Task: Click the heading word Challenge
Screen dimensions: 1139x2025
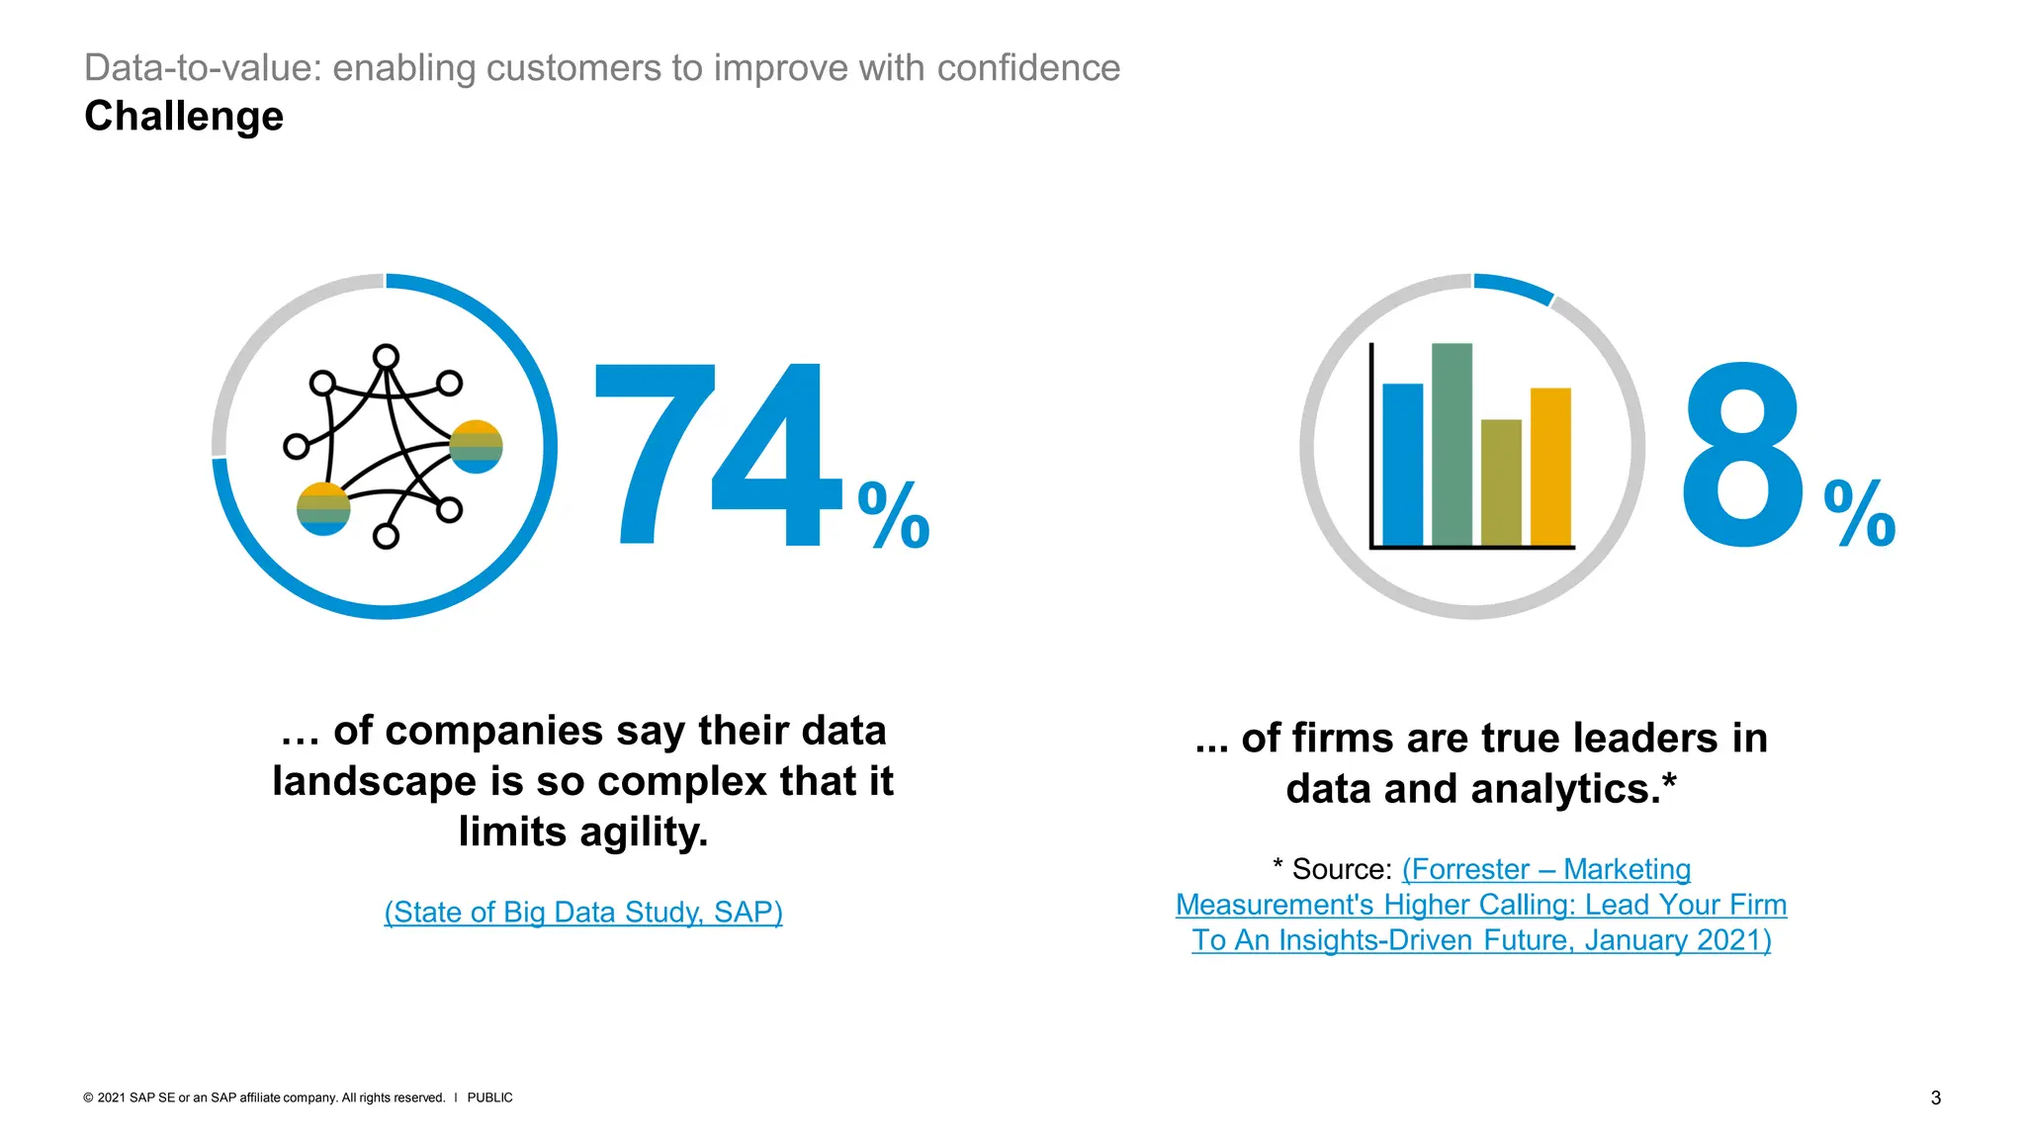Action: (x=184, y=117)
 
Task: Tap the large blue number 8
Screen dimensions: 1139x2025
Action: (x=1742, y=455)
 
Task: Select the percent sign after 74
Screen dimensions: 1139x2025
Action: (x=894, y=515)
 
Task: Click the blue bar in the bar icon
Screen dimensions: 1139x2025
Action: (x=1402, y=465)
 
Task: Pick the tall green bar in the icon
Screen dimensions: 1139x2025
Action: (x=1452, y=445)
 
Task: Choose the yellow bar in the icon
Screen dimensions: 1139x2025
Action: (x=1550, y=467)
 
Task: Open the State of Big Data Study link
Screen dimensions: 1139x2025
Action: (x=583, y=912)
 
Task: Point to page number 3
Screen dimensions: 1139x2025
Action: (x=1935, y=1097)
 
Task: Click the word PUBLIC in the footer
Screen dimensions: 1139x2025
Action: (x=489, y=1097)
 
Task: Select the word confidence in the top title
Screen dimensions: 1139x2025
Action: (x=1028, y=68)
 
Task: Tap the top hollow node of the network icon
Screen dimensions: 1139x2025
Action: (x=386, y=357)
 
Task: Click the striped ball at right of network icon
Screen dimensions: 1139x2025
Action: (x=476, y=447)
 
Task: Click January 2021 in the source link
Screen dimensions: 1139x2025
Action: (x=1676, y=940)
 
